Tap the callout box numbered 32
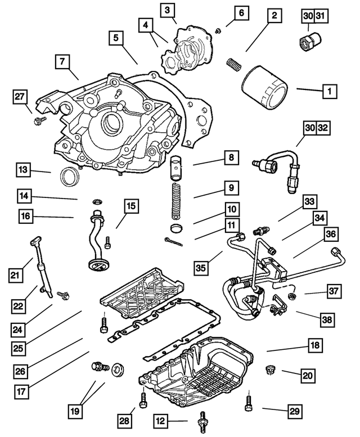click(321, 129)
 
